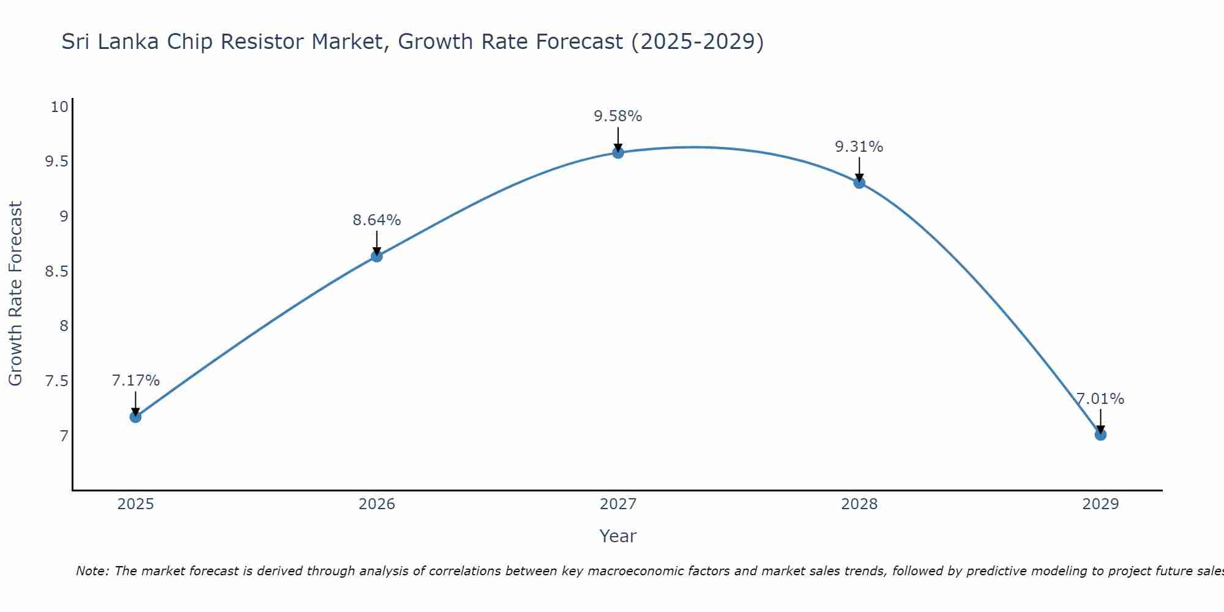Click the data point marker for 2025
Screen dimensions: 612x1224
pyautogui.click(x=135, y=417)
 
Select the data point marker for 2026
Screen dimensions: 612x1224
pyautogui.click(x=376, y=256)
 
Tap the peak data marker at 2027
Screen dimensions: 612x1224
pyautogui.click(x=618, y=152)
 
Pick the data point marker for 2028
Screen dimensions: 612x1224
pyautogui.click(x=859, y=182)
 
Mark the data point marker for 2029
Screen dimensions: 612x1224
pyautogui.click(x=1100, y=435)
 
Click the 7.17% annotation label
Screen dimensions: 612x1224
pyautogui.click(x=135, y=381)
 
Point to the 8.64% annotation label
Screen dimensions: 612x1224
pyautogui.click(x=376, y=220)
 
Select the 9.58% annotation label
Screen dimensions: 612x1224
pyautogui.click(x=618, y=116)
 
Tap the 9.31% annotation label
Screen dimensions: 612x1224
pyautogui.click(x=859, y=147)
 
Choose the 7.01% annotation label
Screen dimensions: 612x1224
pyautogui.click(x=1100, y=399)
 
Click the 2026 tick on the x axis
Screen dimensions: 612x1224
pyautogui.click(x=376, y=504)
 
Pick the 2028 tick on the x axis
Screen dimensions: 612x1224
pyautogui.click(x=859, y=504)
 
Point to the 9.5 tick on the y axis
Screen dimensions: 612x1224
pyautogui.click(x=56, y=162)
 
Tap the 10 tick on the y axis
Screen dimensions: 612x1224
pyautogui.click(x=59, y=107)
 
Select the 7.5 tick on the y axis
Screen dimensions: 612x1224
pyautogui.click(x=56, y=381)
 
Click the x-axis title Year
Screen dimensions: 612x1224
pyautogui.click(x=618, y=536)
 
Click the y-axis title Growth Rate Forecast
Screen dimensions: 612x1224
pyautogui.click(x=15, y=293)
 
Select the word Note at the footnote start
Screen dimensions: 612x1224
pyautogui.click(x=92, y=571)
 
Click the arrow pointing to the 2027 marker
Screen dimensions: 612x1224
pyautogui.click(x=618, y=140)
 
